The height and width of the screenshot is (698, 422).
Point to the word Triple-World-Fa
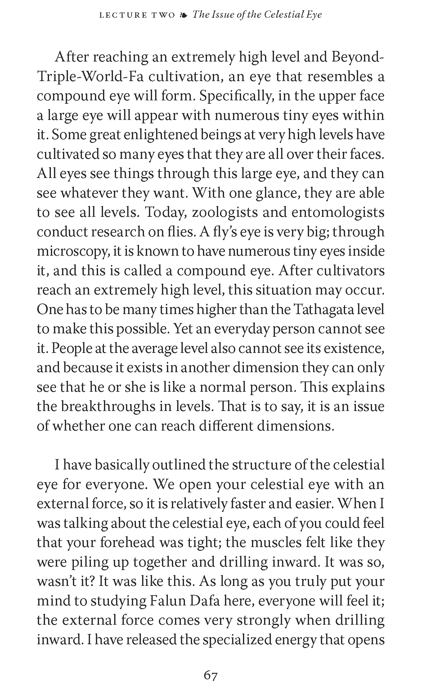click(90, 77)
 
